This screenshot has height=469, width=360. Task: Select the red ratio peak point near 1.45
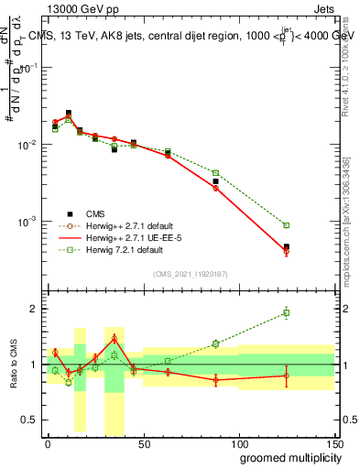(115, 339)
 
